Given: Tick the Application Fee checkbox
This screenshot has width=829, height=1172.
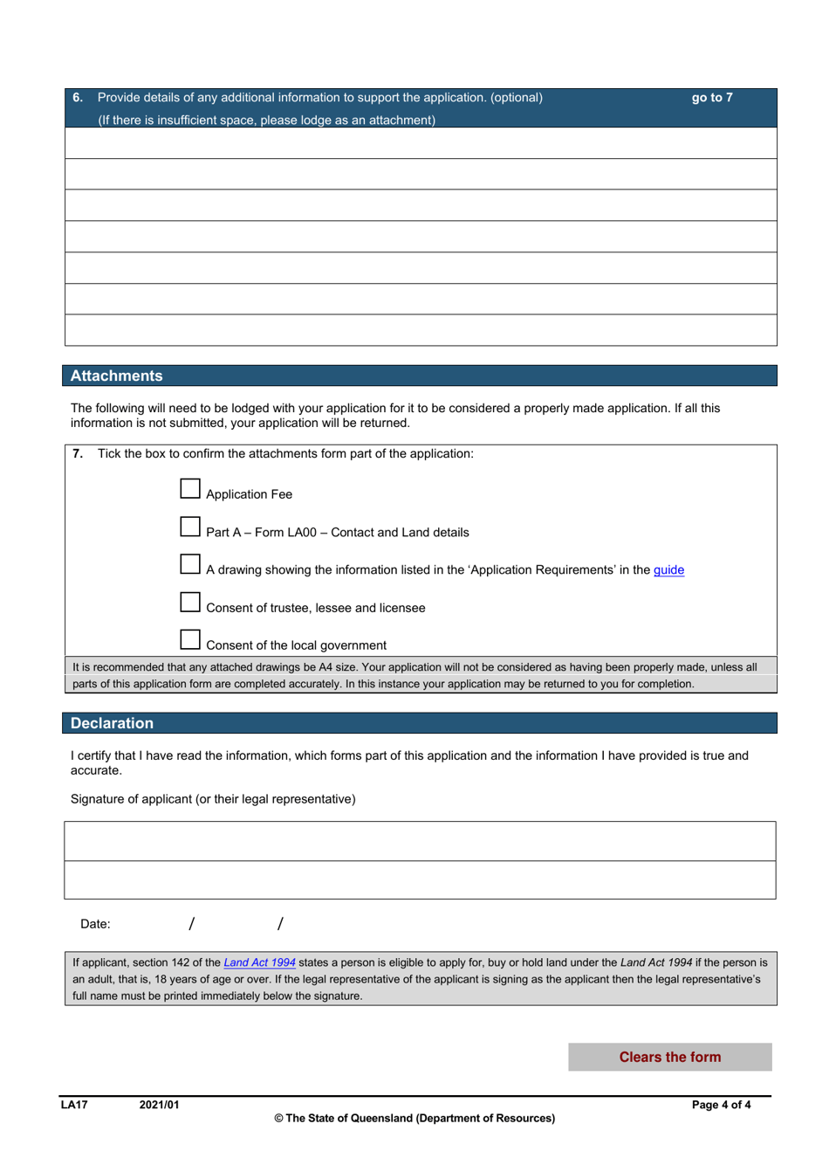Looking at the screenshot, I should point(190,489).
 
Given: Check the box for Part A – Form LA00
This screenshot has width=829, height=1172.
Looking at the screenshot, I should point(190,527).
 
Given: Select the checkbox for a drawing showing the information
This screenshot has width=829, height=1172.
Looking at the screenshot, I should point(190,564).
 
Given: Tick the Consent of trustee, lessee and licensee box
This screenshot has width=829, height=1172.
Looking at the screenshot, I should point(190,603).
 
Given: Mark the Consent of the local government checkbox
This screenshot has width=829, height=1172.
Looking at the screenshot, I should point(190,640).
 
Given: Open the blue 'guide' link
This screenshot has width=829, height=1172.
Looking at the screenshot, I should point(668,570).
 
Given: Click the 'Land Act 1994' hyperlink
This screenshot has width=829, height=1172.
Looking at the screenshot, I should point(259,962).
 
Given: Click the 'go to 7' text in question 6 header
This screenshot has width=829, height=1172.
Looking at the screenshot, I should point(712,98).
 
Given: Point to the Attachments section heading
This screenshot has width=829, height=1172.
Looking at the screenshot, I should point(116,376).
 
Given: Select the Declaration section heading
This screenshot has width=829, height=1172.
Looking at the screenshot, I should point(112,724).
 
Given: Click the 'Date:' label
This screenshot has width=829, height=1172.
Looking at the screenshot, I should point(95,924).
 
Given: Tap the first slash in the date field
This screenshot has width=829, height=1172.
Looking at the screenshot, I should point(192,924).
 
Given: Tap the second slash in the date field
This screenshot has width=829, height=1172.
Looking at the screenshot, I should point(280,924).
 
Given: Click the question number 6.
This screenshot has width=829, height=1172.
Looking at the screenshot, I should point(78,98).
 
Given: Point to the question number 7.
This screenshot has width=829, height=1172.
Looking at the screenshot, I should point(78,454).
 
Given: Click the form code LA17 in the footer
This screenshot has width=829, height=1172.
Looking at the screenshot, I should point(74,1105).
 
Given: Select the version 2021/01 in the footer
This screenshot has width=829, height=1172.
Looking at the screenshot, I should point(159,1105).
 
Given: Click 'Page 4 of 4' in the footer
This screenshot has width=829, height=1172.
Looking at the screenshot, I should point(721,1105).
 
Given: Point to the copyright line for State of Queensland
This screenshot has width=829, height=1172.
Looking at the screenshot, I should point(414,1119).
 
